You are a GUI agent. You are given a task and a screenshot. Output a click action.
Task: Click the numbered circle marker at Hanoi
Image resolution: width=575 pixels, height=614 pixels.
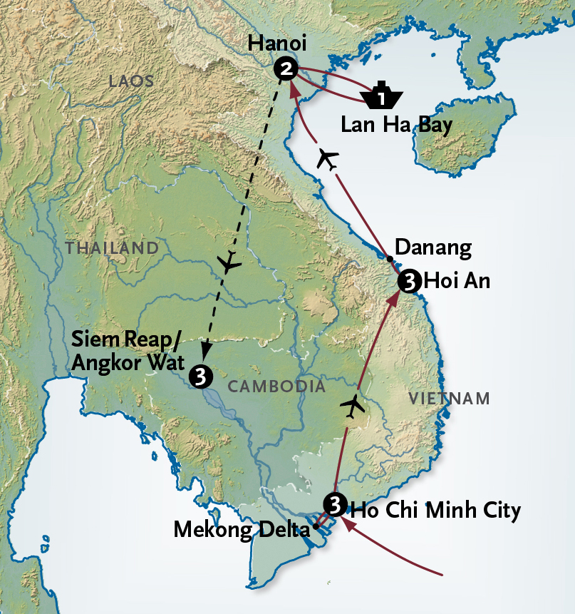point(285,68)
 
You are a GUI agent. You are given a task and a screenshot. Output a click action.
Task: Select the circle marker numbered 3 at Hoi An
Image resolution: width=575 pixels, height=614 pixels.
point(409,281)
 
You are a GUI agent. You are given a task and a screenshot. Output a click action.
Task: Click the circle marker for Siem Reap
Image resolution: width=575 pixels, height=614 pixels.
point(201,375)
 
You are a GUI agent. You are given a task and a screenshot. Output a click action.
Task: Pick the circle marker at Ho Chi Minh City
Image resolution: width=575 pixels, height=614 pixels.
point(333,503)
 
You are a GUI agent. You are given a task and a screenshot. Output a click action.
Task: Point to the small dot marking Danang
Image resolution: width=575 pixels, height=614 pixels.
point(389,258)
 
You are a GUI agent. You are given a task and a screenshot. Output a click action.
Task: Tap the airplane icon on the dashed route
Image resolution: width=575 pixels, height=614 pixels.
point(229,263)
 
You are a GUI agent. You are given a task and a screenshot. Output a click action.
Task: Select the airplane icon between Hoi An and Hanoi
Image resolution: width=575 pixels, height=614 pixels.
point(327,159)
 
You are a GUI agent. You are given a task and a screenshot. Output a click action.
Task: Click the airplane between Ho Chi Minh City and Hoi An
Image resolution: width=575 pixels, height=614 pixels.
point(352,406)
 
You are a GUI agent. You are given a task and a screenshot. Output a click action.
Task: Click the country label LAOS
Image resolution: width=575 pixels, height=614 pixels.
point(131,81)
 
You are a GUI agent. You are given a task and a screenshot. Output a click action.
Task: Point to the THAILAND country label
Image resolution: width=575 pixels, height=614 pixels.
point(111,248)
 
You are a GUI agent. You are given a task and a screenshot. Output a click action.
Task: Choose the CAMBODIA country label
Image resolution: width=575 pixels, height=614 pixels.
point(276,387)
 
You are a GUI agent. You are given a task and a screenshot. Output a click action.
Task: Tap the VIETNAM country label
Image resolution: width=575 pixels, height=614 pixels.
point(449,398)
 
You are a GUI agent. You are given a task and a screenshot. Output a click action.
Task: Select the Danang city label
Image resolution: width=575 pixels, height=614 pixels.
point(433,248)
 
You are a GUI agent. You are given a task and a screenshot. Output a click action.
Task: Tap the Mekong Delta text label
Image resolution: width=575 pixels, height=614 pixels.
point(242,530)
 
